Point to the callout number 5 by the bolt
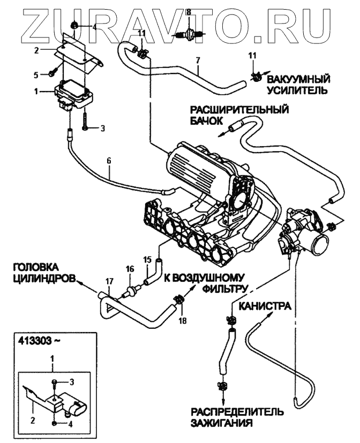click(x=37, y=74)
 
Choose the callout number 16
click(x=129, y=269)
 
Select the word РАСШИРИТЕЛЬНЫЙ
click(x=238, y=110)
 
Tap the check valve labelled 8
click(x=188, y=36)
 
